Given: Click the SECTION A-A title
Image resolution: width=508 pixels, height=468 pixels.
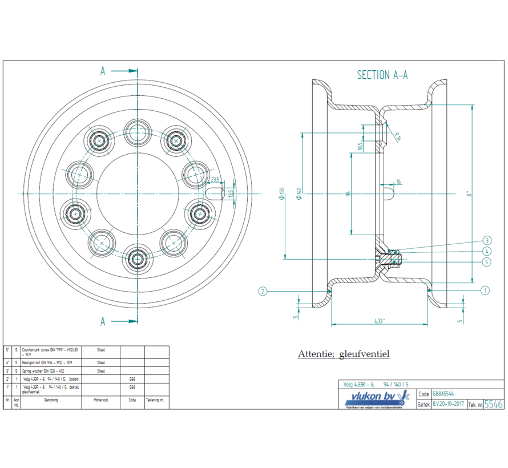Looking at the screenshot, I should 382,75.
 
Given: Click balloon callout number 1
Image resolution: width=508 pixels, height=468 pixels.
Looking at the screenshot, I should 485,291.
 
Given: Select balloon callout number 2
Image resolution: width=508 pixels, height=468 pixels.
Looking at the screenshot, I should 263,291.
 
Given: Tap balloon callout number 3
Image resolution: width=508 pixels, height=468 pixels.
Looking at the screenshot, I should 487,240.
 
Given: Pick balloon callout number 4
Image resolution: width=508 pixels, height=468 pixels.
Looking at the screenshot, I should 487,251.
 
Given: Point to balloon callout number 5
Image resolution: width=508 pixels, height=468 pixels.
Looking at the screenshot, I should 487,262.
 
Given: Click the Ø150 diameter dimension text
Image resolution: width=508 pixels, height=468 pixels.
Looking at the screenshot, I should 281,193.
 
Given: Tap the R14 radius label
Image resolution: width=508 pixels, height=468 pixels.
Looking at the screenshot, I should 396,136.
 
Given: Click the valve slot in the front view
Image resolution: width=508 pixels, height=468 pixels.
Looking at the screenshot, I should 215,194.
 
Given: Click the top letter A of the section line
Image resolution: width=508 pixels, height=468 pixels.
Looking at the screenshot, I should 103,71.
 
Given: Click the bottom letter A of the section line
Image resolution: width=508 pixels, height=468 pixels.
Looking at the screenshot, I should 103,321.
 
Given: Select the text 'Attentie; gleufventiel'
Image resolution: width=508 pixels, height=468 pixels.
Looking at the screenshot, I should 344,354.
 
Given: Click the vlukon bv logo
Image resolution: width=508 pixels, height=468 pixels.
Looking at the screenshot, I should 376,398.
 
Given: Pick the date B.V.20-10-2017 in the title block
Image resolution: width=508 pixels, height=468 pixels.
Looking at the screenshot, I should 448,404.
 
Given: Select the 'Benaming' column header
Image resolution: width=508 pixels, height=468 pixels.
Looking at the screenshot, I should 51,400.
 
